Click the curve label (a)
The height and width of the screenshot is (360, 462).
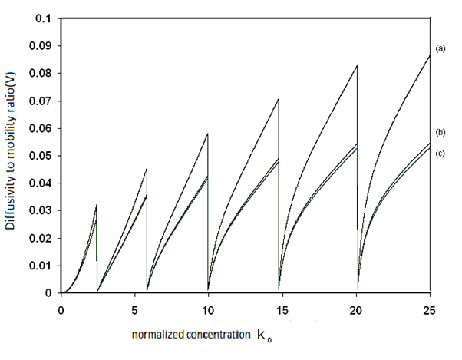click(x=441, y=48)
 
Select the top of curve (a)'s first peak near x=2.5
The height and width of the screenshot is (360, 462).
click(x=97, y=205)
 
